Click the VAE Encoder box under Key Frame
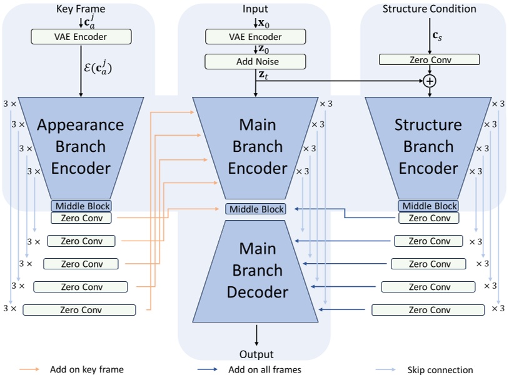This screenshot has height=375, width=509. pyautogui.click(x=81, y=37)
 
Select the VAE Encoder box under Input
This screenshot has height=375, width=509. pyautogui.click(x=256, y=37)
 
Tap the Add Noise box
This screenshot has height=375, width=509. pyautogui.click(x=256, y=61)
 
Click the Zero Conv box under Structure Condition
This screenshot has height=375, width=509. pyautogui.click(x=430, y=60)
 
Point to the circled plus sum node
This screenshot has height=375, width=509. pyautogui.click(x=430, y=81)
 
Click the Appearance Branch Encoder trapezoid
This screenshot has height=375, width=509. pyautogui.click(x=81, y=147)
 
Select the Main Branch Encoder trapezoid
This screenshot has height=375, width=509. pyautogui.click(x=256, y=147)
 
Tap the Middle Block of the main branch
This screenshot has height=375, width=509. pyautogui.click(x=256, y=209)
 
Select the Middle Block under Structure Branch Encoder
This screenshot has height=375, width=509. pyautogui.click(x=428, y=206)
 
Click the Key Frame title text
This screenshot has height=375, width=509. pyautogui.click(x=81, y=9)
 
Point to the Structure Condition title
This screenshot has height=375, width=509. pyautogui.click(x=429, y=9)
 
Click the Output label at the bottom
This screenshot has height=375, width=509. pyautogui.click(x=256, y=354)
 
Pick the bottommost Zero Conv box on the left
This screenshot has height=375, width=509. pyautogui.click(x=79, y=310)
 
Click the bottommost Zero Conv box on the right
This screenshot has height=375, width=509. pyautogui.click(x=428, y=310)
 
